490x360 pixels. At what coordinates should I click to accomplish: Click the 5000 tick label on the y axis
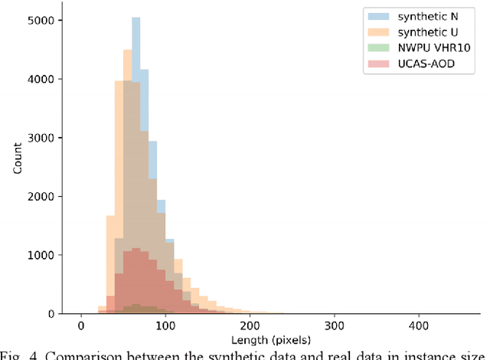[41, 21]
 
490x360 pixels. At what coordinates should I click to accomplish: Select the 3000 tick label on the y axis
[41, 138]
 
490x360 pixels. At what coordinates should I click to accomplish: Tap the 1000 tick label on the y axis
[41, 255]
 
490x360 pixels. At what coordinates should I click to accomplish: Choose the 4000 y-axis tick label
[41, 79]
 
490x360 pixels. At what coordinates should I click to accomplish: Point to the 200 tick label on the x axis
[249, 325]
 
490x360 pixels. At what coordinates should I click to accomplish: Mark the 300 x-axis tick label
[334, 325]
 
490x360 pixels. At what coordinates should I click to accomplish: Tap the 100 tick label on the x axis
[165, 325]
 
